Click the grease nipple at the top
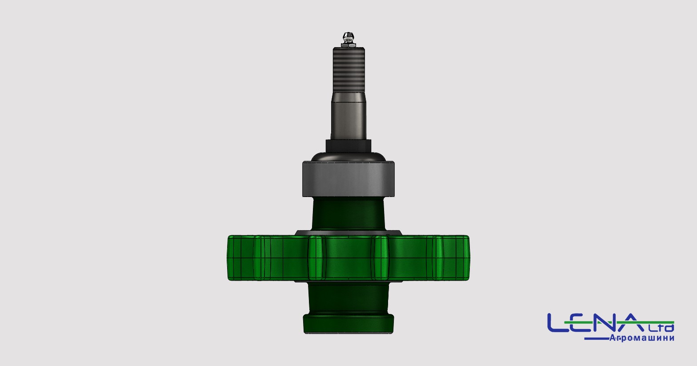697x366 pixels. coord(348,40)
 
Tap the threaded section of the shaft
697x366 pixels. coord(348,70)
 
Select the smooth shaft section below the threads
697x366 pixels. coord(348,116)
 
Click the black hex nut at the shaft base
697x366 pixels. coord(348,146)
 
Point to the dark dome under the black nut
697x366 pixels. coord(348,157)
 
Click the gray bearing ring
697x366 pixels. coord(348,179)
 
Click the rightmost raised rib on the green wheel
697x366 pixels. coord(437,257)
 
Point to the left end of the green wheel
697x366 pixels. coord(228,257)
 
